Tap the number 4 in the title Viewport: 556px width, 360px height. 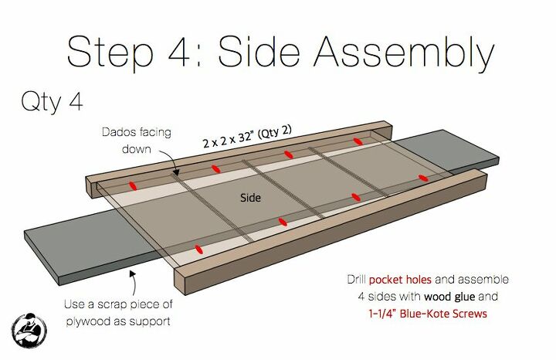coord(179,52)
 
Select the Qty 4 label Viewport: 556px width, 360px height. coord(53,102)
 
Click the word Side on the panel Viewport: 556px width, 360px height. coord(250,198)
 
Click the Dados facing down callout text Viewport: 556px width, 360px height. coord(137,141)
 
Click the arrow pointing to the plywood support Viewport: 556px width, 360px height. coord(133,283)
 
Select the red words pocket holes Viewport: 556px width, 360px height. coord(400,280)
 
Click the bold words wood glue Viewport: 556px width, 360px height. coord(449,296)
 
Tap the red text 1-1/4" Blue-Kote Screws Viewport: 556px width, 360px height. coord(428,314)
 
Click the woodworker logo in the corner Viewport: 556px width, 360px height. coord(29,330)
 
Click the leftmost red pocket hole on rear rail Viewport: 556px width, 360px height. coord(133,185)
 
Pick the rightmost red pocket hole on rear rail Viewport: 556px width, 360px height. coord(358,141)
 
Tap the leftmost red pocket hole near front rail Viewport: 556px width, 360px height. coord(199,249)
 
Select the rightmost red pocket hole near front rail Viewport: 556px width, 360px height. coord(423,178)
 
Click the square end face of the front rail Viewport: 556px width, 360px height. coord(181,282)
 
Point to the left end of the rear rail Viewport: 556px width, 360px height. coord(91,187)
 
